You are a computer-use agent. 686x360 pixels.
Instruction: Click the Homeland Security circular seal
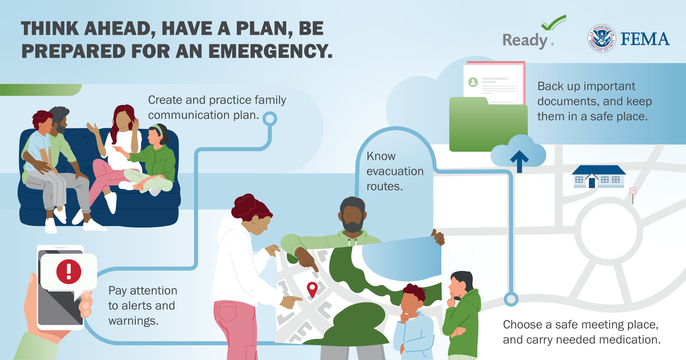click(602, 39)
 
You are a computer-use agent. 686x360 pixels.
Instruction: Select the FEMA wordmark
click(645, 39)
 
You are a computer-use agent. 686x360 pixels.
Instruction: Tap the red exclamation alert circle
click(69, 272)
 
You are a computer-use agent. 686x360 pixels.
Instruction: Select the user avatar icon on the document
click(473, 82)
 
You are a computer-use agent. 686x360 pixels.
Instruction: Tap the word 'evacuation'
click(395, 171)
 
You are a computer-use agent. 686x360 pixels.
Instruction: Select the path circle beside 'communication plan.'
click(270, 119)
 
